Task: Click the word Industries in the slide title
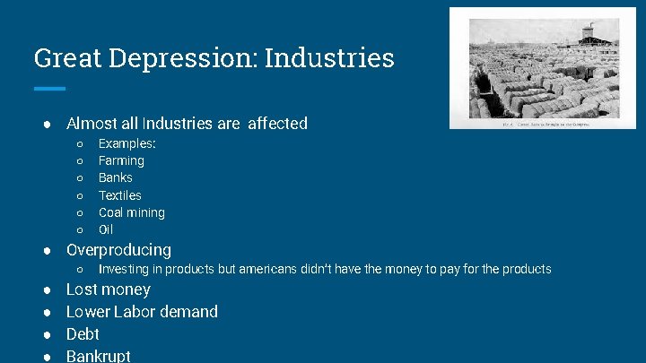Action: pyautogui.click(x=329, y=58)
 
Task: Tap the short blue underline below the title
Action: pyautogui.click(x=49, y=88)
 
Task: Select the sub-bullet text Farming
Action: pyautogui.click(x=121, y=160)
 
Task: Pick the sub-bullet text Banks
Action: pyautogui.click(x=116, y=177)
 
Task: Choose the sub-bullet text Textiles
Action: pyautogui.click(x=120, y=195)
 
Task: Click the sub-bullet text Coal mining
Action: pyautogui.click(x=132, y=212)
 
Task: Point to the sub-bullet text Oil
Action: pyautogui.click(x=106, y=229)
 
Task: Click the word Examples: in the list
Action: pyautogui.click(x=127, y=143)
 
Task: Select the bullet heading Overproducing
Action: pyautogui.click(x=118, y=250)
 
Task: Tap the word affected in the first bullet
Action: pyautogui.click(x=277, y=124)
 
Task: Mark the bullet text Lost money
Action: pyautogui.click(x=109, y=290)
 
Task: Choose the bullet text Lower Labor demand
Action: pyautogui.click(x=142, y=312)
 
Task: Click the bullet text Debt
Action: pyautogui.click(x=83, y=334)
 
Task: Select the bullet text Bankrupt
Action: pyautogui.click(x=99, y=356)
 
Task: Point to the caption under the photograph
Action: pyautogui.click(x=542, y=125)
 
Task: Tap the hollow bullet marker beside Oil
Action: pyautogui.click(x=80, y=230)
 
